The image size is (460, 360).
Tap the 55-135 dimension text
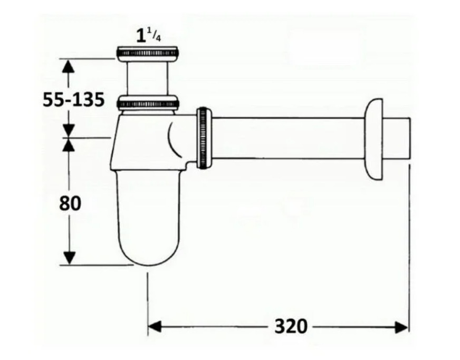pos(74,100)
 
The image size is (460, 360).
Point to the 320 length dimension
pos(291,326)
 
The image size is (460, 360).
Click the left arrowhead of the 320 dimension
pos(155,327)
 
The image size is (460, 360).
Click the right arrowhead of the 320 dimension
pos(401,327)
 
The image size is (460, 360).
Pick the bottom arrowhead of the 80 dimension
pos(69,258)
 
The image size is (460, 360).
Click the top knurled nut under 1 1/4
pos(148,54)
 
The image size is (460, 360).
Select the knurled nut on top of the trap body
pos(148,103)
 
